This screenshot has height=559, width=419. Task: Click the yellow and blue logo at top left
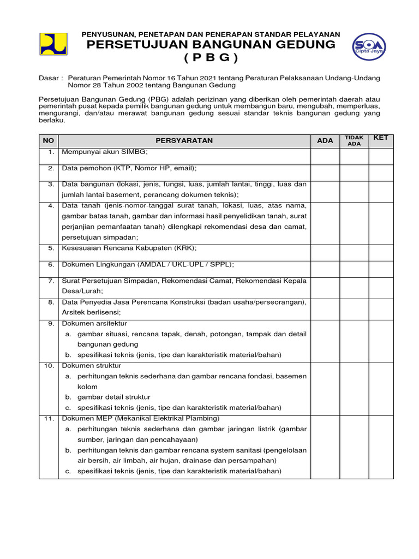(53, 44)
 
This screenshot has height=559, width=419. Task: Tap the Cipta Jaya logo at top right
(369, 45)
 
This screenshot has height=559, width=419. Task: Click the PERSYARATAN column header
(184, 141)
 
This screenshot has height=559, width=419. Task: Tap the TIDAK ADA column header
(354, 141)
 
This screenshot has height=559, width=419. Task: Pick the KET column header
(381, 138)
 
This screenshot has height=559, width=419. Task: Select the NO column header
(49, 141)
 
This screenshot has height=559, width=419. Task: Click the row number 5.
(51, 247)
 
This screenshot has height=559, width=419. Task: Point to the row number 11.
(49, 418)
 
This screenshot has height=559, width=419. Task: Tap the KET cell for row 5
(381, 251)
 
